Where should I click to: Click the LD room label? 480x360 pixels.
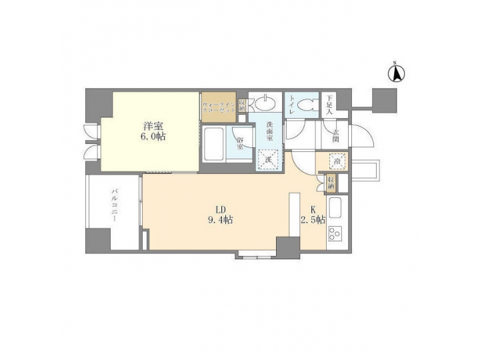219,207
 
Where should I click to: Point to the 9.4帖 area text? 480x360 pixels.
219,219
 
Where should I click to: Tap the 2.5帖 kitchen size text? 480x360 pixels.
312,219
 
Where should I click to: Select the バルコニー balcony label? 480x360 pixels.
115,206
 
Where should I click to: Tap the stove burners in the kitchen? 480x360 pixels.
335,235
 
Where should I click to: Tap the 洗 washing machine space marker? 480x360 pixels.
267,159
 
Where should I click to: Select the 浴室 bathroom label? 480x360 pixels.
241,142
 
